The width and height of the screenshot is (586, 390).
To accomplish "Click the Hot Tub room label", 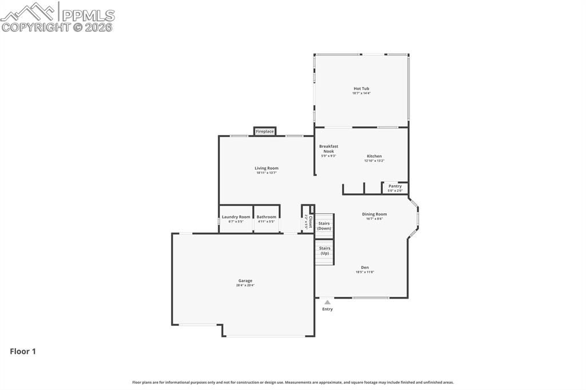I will [x=361, y=89].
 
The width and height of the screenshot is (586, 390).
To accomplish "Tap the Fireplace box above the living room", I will [x=264, y=132].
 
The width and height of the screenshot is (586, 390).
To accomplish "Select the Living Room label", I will [x=267, y=168].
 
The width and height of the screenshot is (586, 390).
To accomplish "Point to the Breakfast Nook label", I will [x=328, y=148].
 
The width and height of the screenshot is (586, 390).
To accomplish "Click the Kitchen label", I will [x=374, y=156].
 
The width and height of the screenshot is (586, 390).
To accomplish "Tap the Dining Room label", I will [x=374, y=214].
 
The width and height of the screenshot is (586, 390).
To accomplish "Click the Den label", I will [x=365, y=267].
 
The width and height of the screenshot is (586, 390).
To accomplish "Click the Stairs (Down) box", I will [x=324, y=226].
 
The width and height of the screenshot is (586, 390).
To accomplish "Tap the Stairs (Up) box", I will [x=324, y=251].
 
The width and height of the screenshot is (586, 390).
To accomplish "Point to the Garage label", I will [x=246, y=280].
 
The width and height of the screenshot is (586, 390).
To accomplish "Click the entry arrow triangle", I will [x=327, y=302].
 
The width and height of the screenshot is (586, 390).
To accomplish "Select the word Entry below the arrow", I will [x=327, y=309].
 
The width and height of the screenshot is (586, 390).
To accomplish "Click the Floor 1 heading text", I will [x=23, y=352].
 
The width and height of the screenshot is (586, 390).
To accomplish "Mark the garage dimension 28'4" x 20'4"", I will [x=246, y=285].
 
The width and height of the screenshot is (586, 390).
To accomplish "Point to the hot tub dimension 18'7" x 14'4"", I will [x=361, y=93].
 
